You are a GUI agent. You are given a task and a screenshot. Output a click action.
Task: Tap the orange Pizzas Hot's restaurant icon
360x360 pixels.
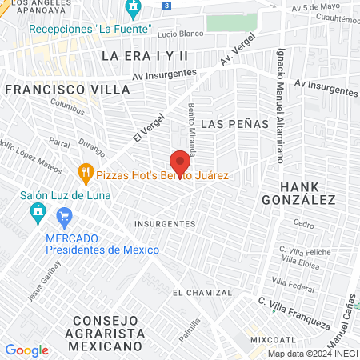[x=86, y=173]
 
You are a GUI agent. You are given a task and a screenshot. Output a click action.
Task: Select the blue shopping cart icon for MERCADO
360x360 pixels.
[x=65, y=216]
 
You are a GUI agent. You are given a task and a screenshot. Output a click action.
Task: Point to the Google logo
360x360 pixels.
[x=26, y=350]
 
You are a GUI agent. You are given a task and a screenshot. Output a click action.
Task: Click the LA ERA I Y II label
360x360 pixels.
[x=144, y=55]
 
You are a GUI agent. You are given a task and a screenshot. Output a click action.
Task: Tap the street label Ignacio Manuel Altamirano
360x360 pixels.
[x=281, y=105]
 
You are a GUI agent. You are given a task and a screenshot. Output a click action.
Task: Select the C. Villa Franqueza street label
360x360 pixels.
[x=294, y=313]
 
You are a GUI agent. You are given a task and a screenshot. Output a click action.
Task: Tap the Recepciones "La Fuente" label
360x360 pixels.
[x=90, y=28]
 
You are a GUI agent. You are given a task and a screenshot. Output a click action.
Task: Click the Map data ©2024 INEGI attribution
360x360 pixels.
[x=311, y=354]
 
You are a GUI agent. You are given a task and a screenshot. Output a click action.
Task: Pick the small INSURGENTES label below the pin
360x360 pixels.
[x=165, y=223]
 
